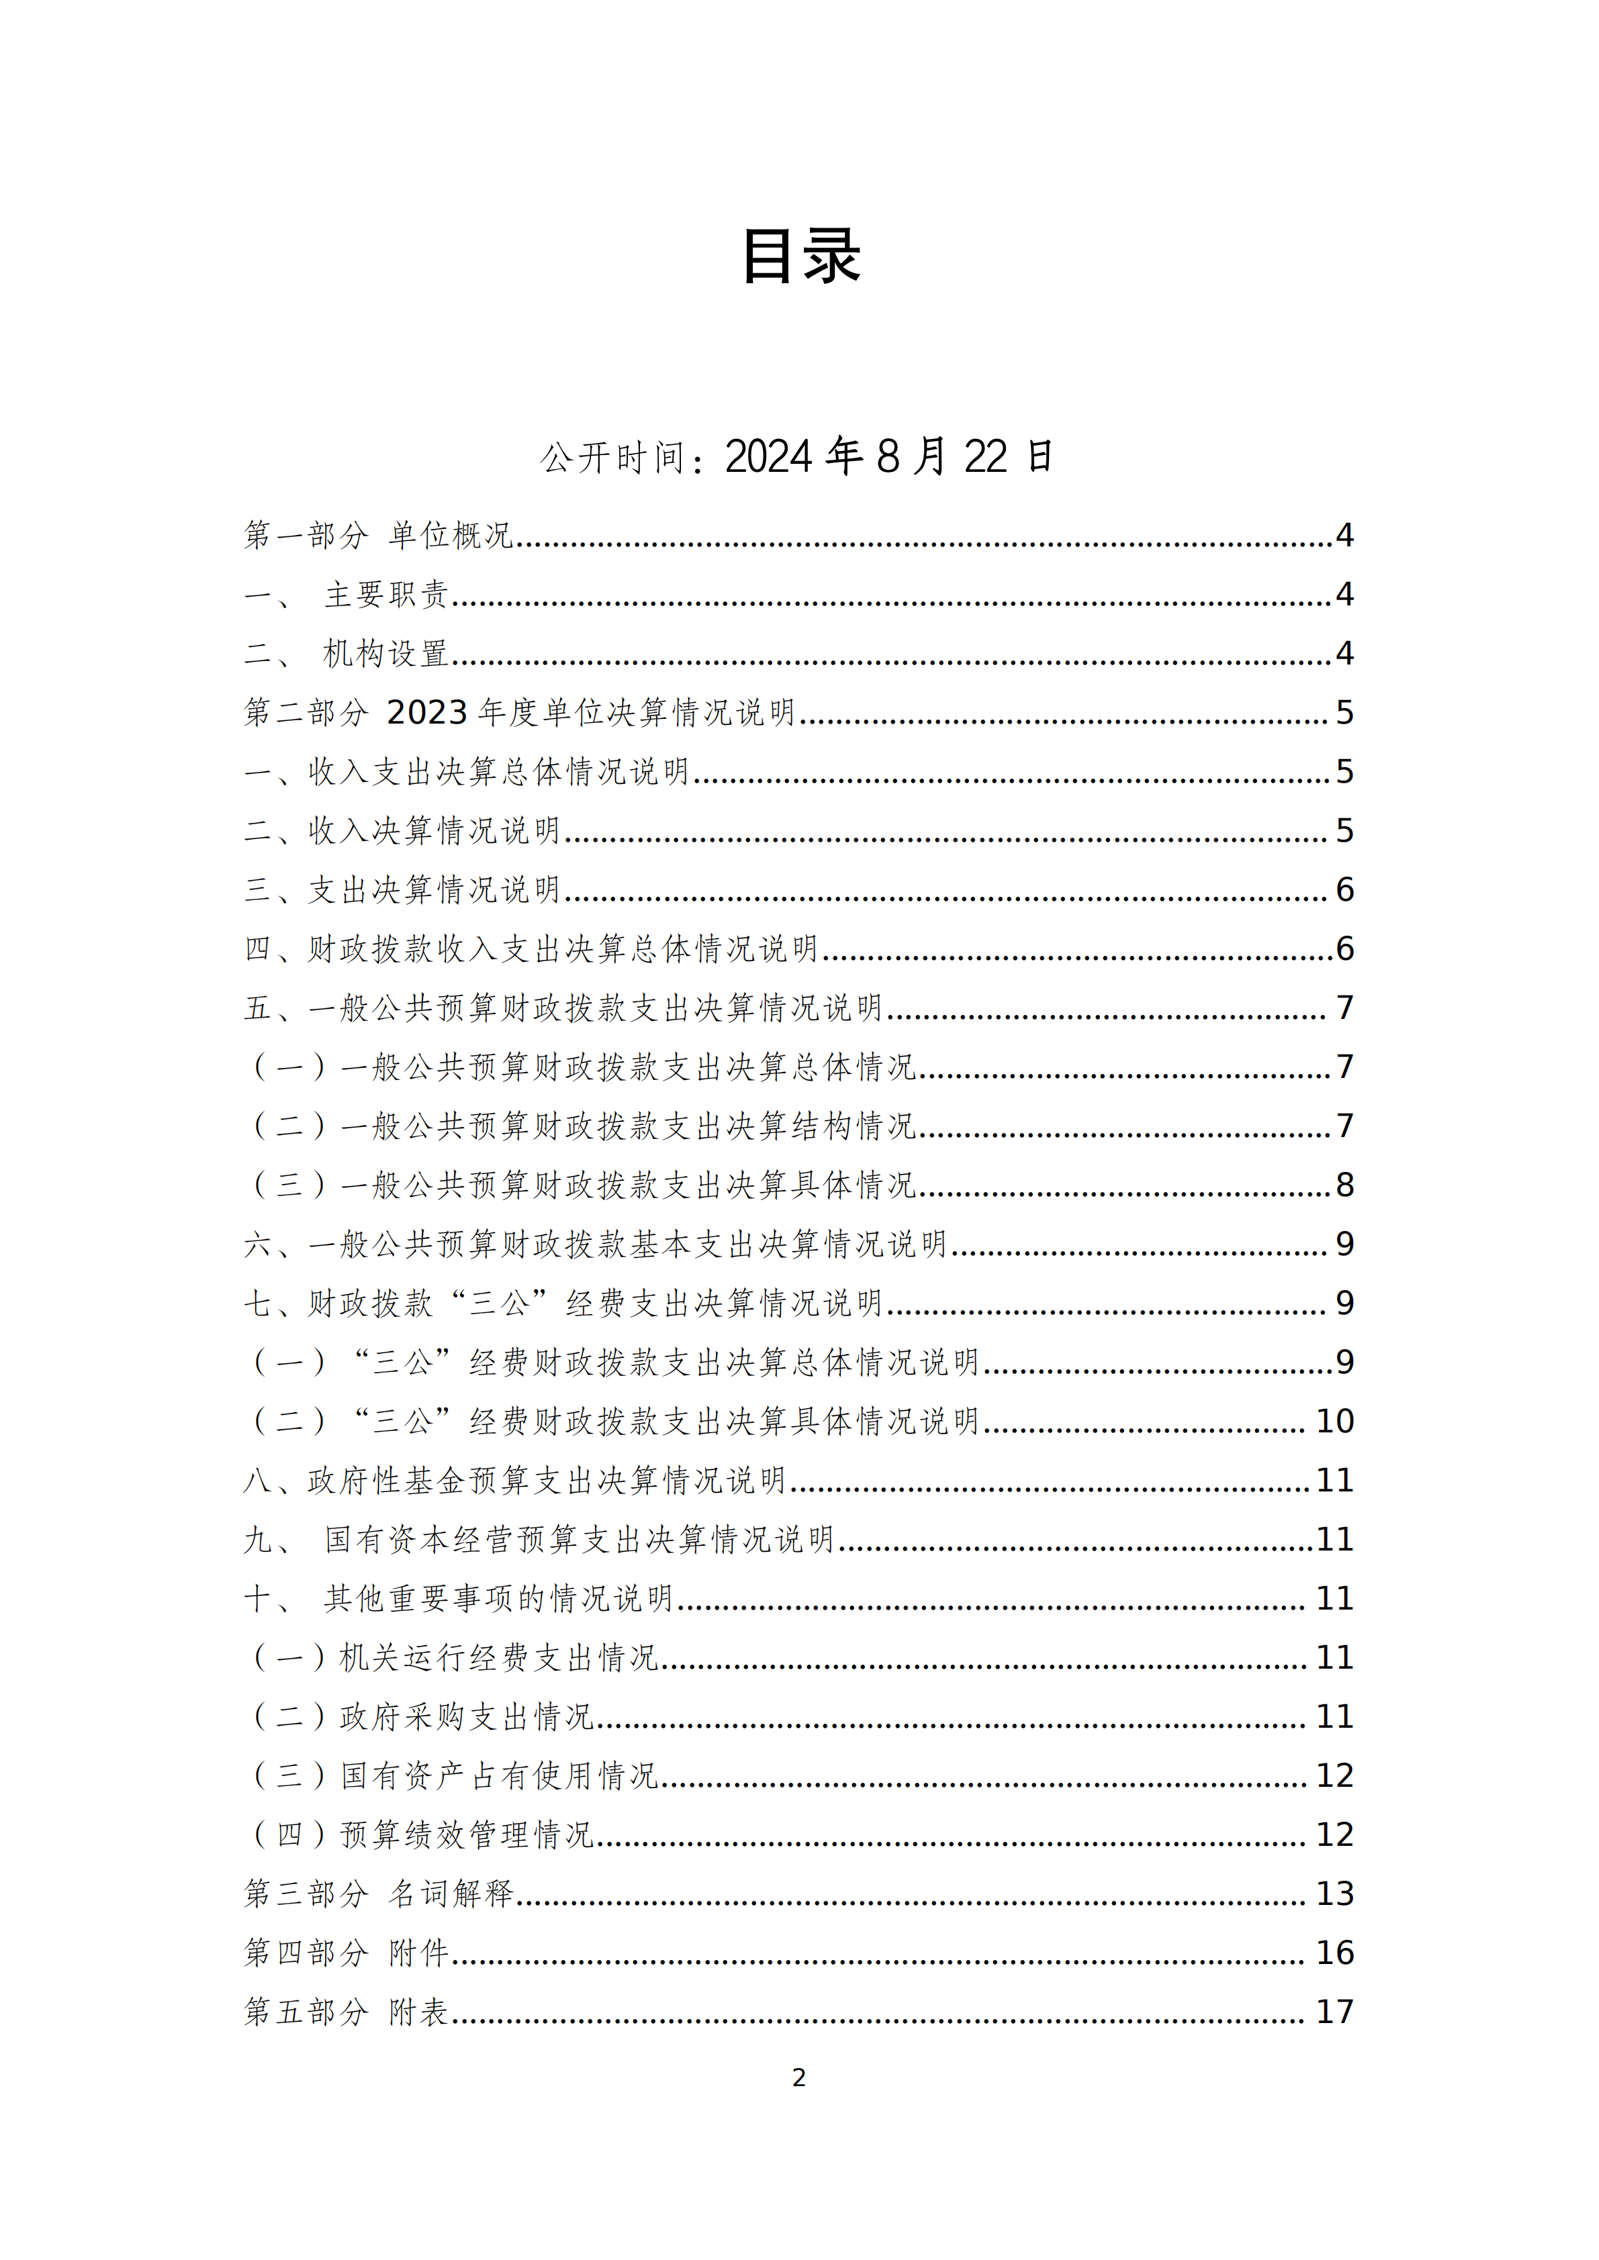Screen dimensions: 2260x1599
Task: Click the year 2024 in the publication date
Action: [769, 456]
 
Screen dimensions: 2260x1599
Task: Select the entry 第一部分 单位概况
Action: [379, 536]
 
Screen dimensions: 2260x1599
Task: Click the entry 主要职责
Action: [386, 595]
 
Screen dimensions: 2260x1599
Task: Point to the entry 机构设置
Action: [386, 654]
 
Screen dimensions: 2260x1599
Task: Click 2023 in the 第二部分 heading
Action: [426, 713]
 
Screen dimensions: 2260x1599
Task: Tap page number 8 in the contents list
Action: [1344, 1185]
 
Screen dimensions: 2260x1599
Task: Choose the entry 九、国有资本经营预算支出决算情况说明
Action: [539, 1540]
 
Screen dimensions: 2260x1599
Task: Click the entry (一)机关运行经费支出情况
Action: [455, 1658]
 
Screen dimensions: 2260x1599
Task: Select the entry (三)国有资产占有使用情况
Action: [455, 1776]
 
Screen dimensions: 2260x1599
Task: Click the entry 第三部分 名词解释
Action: [379, 1894]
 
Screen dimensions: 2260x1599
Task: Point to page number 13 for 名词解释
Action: [1335, 1894]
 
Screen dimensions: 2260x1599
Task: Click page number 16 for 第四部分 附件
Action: [1335, 1953]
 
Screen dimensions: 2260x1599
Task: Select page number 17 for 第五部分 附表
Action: [1335, 2012]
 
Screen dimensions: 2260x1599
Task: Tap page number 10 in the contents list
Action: [1335, 1422]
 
